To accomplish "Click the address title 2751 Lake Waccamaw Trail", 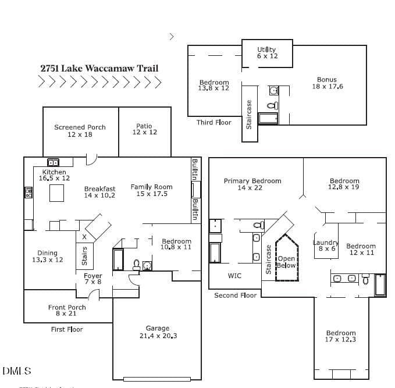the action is [99, 68].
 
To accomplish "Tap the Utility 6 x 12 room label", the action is [267, 53].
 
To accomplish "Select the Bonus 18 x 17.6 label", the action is [328, 83].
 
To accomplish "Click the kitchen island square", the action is [56, 193].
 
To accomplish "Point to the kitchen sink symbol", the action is [53, 162].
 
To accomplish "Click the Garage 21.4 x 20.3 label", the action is [158, 332].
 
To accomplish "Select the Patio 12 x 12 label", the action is [145, 129].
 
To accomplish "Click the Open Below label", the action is [286, 262].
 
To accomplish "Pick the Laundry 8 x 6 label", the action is [326, 245].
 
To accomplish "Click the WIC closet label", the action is [234, 276].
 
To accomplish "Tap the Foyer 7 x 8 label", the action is [93, 279].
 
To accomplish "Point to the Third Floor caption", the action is [214, 122].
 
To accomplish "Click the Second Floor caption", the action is [235, 296].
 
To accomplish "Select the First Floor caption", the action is [67, 329].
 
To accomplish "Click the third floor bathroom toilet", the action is [273, 105].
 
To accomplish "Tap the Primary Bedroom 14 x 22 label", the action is [252, 184].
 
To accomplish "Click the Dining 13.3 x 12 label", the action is [47, 256].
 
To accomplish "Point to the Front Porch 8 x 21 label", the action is [67, 310].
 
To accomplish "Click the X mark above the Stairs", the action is [84, 237].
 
